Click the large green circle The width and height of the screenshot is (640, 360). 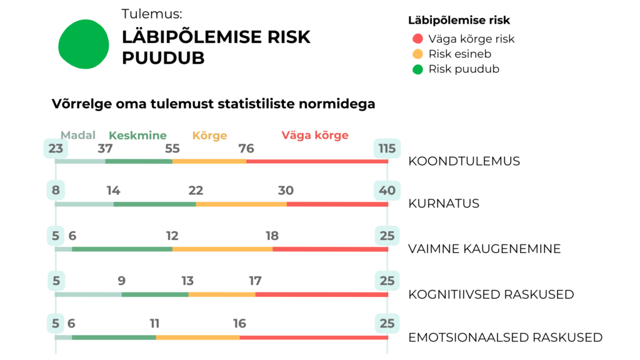84,44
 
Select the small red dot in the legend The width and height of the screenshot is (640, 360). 417,39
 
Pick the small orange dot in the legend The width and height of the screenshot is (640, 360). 417,54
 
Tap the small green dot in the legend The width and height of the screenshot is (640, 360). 417,69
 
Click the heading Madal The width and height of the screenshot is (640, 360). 78,135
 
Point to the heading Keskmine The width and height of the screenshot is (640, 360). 137,135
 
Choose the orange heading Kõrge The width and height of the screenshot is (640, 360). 209,136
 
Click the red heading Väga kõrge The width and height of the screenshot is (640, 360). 314,135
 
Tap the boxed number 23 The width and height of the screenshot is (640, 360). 56,149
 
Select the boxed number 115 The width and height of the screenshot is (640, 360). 387,149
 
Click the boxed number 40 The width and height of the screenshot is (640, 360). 387,191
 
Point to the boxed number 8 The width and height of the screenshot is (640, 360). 56,191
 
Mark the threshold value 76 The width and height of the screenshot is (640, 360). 246,149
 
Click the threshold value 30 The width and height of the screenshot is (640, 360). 286,191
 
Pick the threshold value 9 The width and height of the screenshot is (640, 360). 121,281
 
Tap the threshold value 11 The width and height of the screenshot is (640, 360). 154,324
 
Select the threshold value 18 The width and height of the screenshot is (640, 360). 272,236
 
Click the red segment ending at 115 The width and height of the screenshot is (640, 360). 317,162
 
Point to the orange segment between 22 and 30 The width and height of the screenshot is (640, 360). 241,204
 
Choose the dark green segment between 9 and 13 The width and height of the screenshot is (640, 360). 155,294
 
